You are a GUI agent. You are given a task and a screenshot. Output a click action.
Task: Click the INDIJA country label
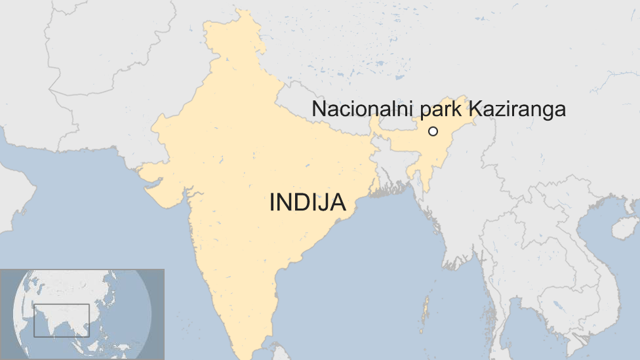tap(308, 203)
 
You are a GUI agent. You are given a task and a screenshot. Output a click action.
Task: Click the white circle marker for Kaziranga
tap(433, 131)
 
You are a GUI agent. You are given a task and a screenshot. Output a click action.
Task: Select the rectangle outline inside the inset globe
tap(62, 320)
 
